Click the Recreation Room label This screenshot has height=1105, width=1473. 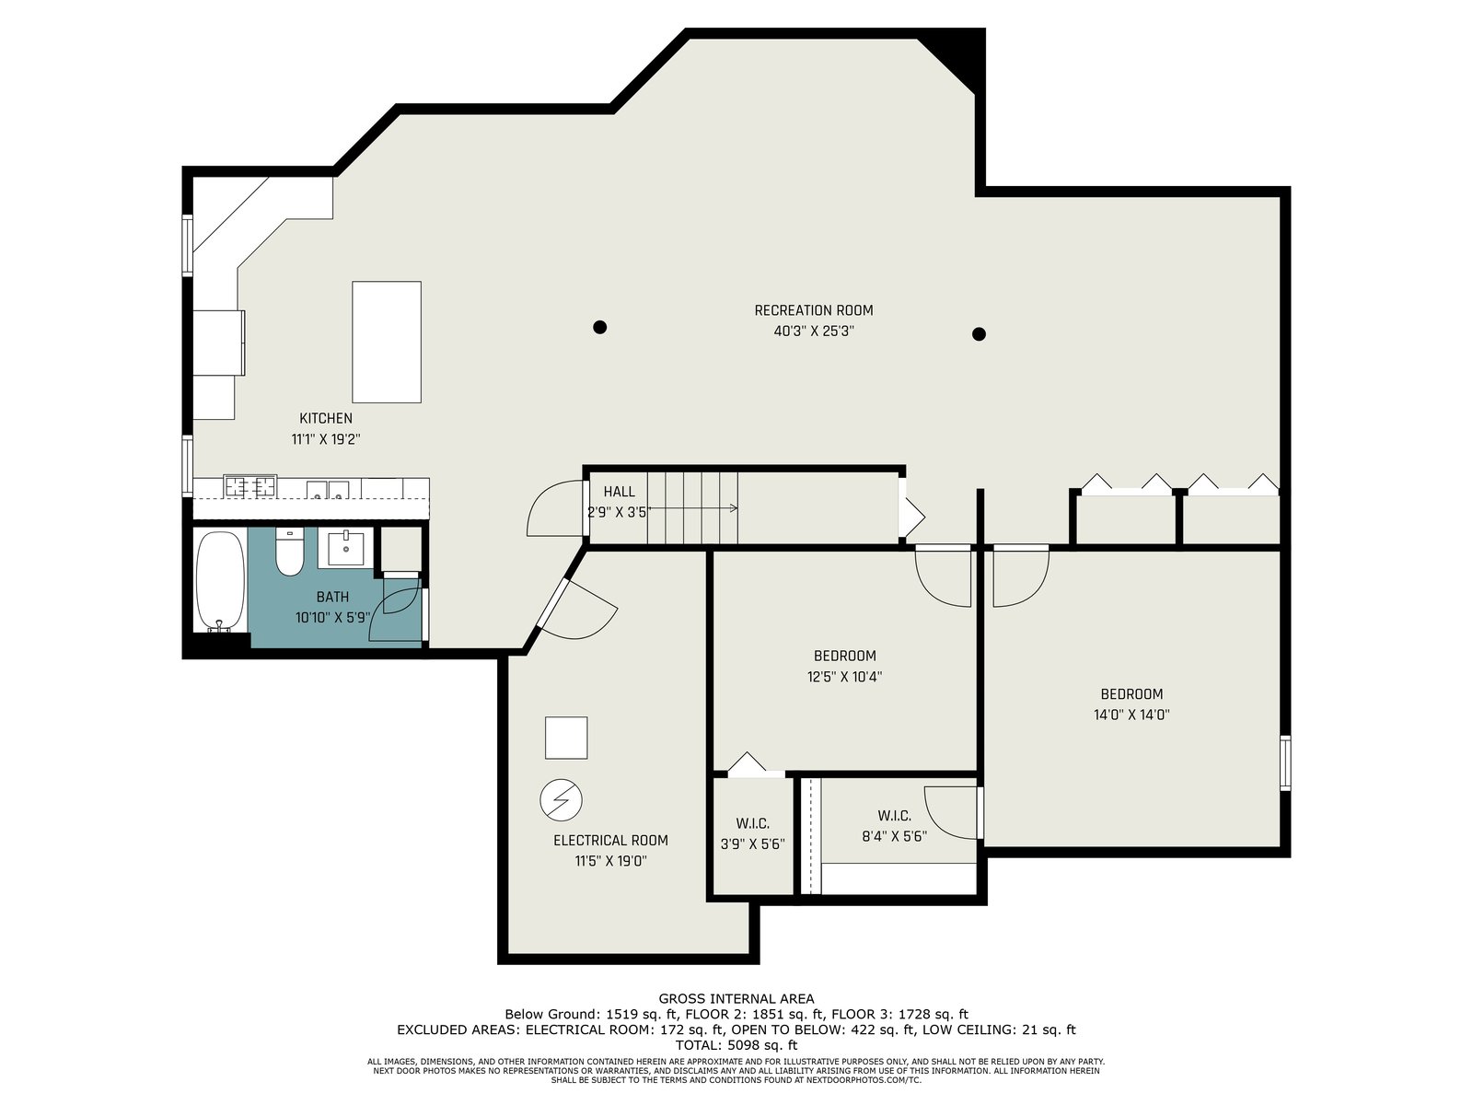click(x=813, y=310)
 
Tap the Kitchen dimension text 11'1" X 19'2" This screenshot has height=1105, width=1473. click(x=326, y=439)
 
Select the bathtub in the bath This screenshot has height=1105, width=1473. click(x=220, y=581)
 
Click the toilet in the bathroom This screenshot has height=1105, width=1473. click(x=290, y=552)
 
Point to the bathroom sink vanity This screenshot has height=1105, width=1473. click(x=345, y=548)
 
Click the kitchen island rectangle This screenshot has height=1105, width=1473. click(x=387, y=343)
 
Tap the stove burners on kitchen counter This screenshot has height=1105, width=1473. click(x=250, y=486)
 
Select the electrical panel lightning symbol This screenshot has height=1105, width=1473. click(x=561, y=799)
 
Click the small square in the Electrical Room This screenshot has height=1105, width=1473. click(x=566, y=738)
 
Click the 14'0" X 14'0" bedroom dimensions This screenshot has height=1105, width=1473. click(x=1131, y=715)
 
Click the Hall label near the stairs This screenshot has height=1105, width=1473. click(x=619, y=492)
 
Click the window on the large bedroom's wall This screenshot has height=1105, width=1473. click(x=1285, y=762)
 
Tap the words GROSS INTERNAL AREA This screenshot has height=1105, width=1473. click(x=736, y=999)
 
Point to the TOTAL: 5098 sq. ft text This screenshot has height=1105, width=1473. click(x=736, y=1044)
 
